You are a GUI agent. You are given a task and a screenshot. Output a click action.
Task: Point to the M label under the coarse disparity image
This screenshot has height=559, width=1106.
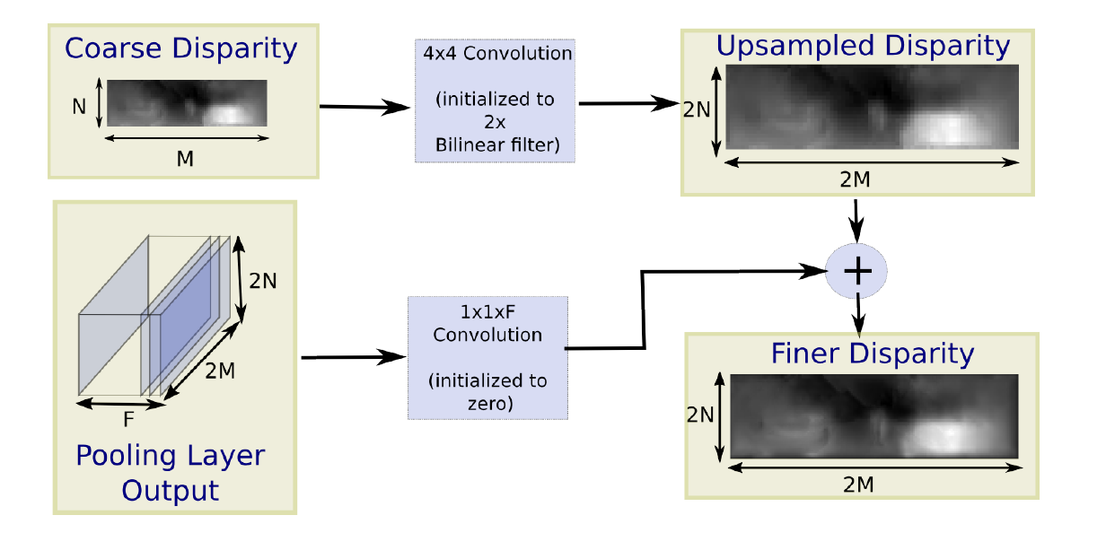(185, 158)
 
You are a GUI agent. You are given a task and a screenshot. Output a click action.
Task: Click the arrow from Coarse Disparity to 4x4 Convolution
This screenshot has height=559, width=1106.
(364, 108)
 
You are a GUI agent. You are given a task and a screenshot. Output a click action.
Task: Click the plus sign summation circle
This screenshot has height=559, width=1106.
(856, 271)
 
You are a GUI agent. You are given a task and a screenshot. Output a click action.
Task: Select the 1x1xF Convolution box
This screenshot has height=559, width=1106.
(487, 357)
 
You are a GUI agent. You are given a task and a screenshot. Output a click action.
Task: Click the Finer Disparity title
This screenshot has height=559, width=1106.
(872, 354)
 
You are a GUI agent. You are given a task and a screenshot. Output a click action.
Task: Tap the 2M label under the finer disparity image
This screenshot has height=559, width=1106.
(859, 485)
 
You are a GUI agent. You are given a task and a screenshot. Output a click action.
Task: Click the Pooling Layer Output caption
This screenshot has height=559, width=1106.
(170, 473)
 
